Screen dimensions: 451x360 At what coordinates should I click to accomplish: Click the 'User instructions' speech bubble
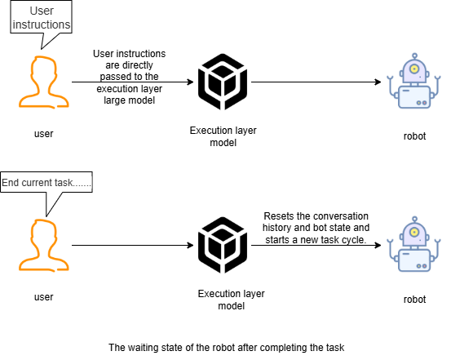(41, 17)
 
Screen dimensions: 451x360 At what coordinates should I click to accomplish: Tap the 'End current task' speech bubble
(46, 182)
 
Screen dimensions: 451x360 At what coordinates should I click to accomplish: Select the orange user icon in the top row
(44, 82)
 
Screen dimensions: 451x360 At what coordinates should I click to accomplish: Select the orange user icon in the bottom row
(44, 246)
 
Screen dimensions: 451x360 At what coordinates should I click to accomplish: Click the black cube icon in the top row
(223, 82)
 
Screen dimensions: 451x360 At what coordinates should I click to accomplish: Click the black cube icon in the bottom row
(223, 245)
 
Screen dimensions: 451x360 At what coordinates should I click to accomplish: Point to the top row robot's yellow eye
(414, 69)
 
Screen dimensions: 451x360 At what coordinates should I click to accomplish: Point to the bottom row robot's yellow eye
(414, 232)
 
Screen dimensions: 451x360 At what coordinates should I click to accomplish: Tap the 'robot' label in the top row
(414, 136)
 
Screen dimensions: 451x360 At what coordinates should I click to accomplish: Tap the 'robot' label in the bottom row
(414, 300)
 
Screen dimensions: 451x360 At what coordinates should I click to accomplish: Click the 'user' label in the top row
(44, 134)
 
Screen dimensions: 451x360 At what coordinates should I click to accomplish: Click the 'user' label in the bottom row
(44, 297)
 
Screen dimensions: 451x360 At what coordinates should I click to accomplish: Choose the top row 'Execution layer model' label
(223, 136)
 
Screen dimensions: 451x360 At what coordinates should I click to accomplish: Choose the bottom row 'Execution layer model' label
(232, 300)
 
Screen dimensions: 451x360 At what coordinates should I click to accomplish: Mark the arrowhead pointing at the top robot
(378, 82)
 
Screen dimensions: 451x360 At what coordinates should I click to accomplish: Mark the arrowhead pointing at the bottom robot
(378, 246)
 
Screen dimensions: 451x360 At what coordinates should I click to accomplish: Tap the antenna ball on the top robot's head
(414, 56)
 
